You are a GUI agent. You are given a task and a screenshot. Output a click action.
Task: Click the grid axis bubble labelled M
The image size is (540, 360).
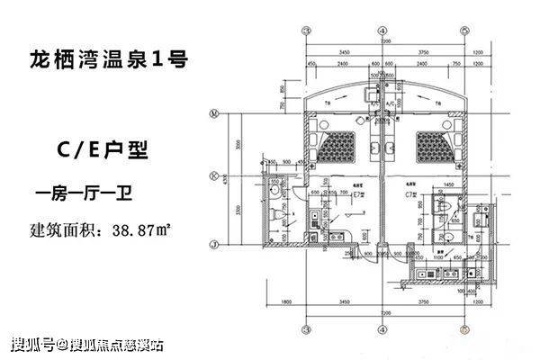tap(214, 114)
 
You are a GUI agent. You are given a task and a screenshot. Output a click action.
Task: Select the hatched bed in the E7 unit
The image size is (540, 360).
tap(343, 143)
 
